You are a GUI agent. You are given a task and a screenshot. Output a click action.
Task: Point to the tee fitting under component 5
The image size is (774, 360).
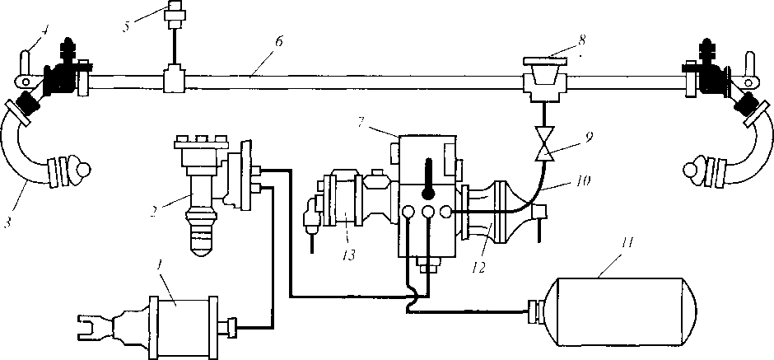pyautogui.click(x=174, y=81)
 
